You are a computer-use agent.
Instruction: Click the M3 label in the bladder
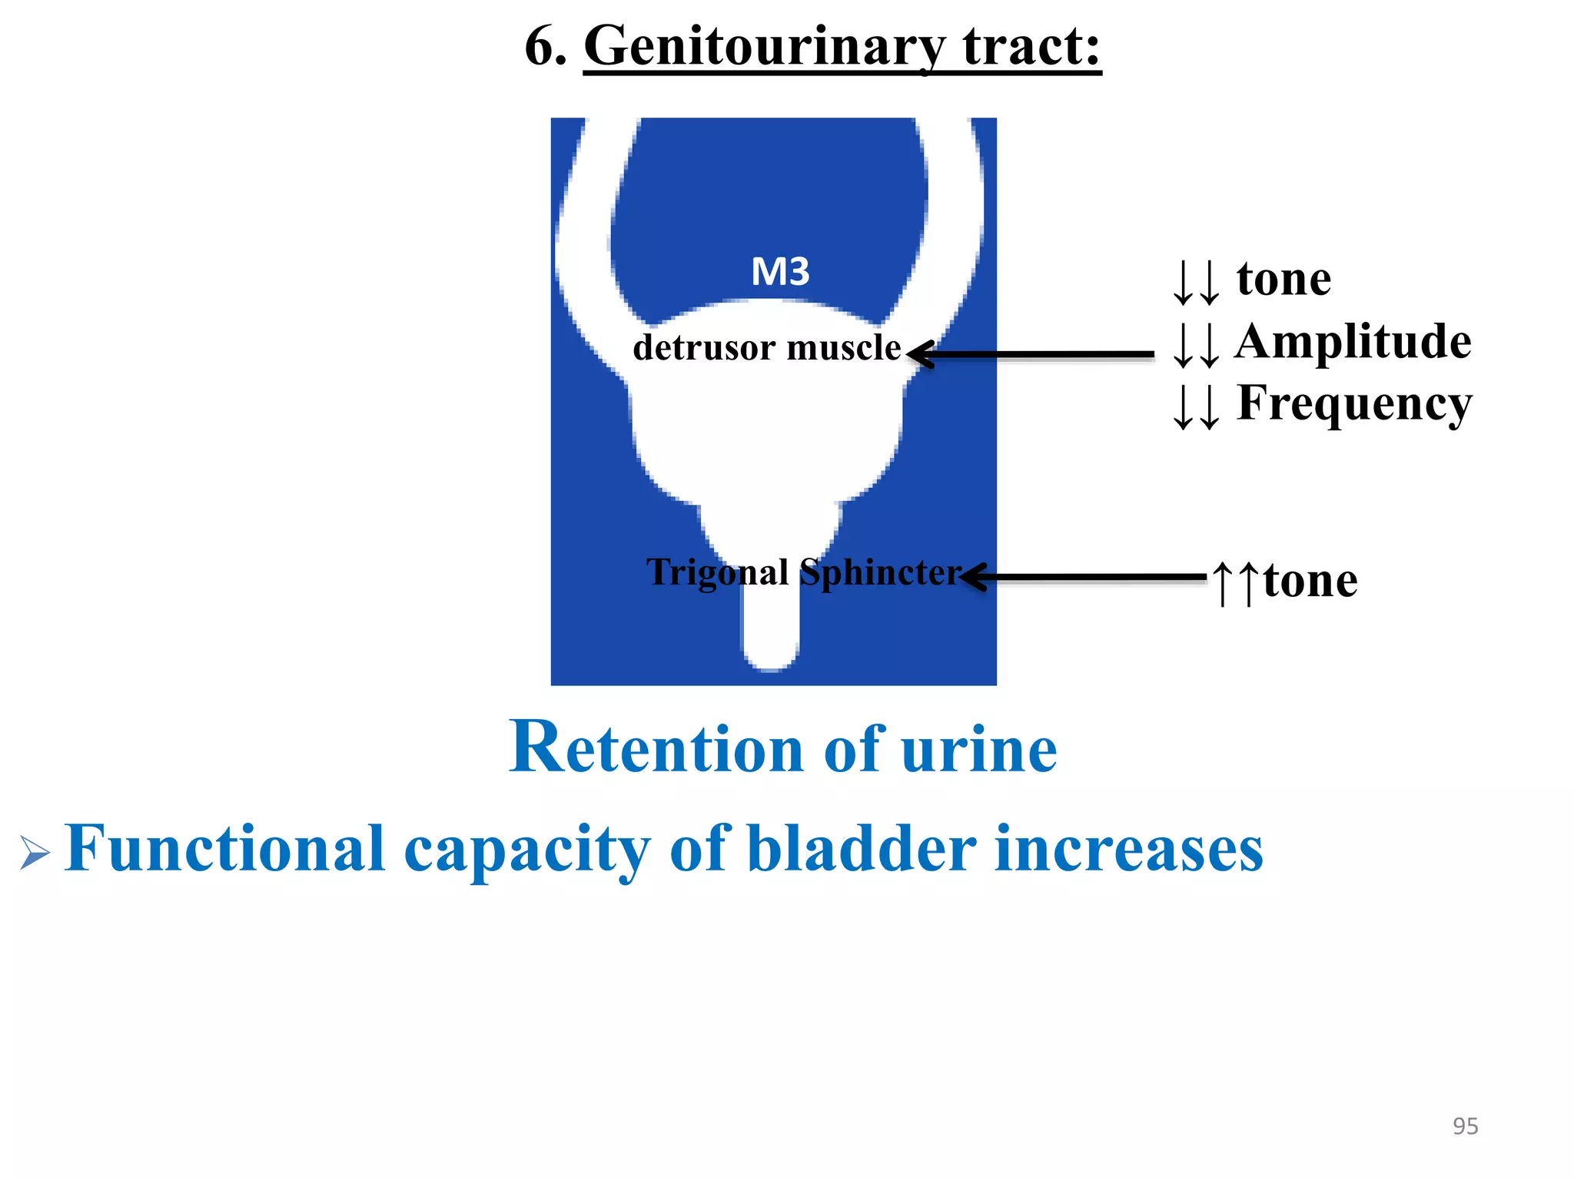(780, 272)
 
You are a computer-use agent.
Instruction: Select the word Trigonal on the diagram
(717, 573)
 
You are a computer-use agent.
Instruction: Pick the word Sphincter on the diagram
(880, 573)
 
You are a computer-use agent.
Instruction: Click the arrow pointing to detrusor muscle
(1030, 354)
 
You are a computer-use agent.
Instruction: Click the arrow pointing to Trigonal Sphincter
(1084, 577)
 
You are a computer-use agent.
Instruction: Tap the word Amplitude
(1353, 341)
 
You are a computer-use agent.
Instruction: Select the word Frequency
(1354, 404)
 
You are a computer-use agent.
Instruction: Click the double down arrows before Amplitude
(1196, 344)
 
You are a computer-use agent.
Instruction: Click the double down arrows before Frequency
(1196, 406)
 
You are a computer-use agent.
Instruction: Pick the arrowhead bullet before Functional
(35, 853)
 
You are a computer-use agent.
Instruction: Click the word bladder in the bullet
(862, 850)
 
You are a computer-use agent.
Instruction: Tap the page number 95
(1465, 1126)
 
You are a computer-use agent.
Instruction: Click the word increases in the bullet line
(1129, 850)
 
